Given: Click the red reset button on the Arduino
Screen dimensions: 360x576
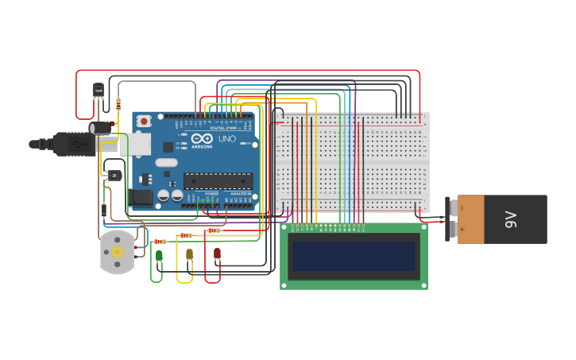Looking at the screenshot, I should coord(144,121).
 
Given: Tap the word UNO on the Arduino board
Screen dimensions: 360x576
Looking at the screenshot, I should coord(227,139).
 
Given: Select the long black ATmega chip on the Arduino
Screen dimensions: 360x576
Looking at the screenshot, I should coord(218,180).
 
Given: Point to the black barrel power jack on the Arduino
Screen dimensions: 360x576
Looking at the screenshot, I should coord(141,197).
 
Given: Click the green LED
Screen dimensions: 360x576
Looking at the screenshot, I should coord(159,255).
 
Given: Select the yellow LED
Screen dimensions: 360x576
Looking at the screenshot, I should coord(189,254).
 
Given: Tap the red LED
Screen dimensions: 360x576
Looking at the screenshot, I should coord(217,254).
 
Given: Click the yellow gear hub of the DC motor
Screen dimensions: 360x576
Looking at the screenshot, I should coord(118,252).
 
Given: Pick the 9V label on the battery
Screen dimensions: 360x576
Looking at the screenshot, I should coord(511,219).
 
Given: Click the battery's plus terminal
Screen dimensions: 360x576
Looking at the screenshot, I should coord(454,230).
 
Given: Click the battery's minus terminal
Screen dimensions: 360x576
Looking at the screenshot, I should coord(454,208).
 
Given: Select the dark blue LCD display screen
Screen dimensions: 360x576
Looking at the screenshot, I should coord(354,256).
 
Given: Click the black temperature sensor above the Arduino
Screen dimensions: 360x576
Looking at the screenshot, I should coord(99,91).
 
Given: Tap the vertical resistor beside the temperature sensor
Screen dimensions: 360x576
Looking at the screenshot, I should coord(118,103).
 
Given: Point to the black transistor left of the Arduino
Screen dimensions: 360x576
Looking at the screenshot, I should coord(114,175).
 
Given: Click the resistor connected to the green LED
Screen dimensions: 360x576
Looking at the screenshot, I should coord(160,242).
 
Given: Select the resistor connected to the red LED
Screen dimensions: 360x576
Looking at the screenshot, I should coord(213,230).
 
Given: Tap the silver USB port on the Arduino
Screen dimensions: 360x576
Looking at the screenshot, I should coord(134,144).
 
